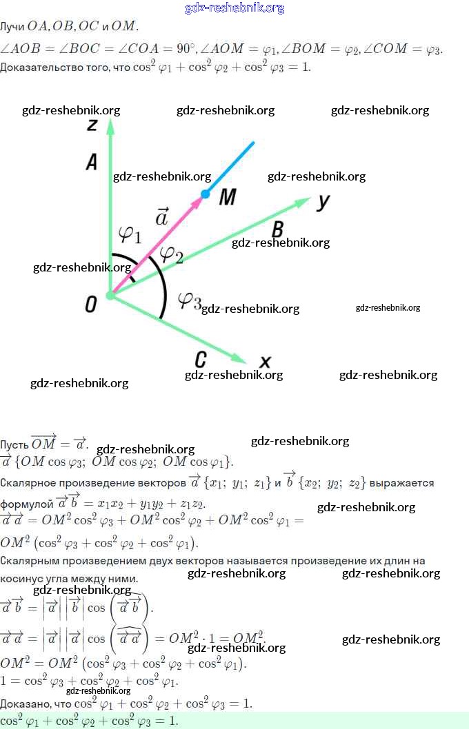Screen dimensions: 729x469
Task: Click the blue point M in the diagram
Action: click(205, 194)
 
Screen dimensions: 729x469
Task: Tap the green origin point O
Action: click(110, 296)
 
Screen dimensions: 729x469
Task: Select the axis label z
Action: click(91, 123)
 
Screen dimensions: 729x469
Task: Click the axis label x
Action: click(265, 362)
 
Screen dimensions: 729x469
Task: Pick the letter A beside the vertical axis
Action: click(91, 162)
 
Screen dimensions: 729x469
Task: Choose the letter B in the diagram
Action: click(277, 229)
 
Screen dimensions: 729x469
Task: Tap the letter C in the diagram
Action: click(200, 359)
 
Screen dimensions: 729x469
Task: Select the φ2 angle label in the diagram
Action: click(171, 254)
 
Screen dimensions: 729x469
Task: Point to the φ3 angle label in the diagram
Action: click(189, 300)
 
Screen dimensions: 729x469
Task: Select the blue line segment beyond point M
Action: click(231, 167)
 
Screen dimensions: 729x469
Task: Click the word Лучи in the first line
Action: click(12, 27)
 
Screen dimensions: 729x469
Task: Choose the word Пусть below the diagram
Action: click(14, 444)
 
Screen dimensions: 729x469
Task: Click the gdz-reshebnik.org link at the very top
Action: click(234, 8)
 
